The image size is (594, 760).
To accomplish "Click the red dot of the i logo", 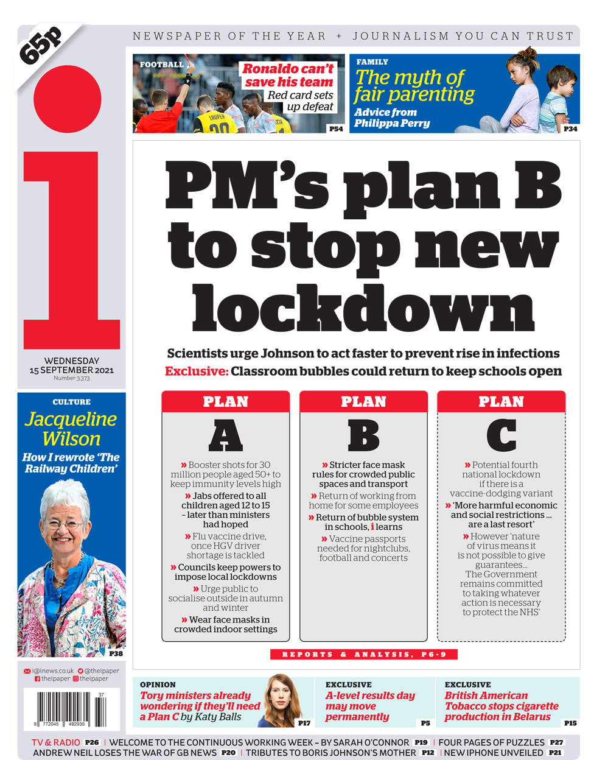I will [67, 99].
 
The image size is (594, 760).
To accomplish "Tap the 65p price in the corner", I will [41, 46].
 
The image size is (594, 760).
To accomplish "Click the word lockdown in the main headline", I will [363, 308].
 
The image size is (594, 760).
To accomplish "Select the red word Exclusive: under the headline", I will [197, 371].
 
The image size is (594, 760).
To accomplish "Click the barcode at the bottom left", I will [70, 708].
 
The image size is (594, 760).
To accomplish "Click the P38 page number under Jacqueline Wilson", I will [116, 653].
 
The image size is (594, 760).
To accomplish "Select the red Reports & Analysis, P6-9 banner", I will [363, 654].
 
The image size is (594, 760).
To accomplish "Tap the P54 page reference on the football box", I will [335, 128].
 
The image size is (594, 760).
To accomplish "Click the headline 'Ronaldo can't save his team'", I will [288, 76].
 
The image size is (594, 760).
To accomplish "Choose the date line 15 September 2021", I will [71, 370].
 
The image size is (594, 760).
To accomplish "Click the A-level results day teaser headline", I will [369, 706].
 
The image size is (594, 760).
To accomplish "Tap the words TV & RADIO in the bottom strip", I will [56, 742].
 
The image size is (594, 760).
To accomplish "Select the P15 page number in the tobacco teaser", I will [570, 723].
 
